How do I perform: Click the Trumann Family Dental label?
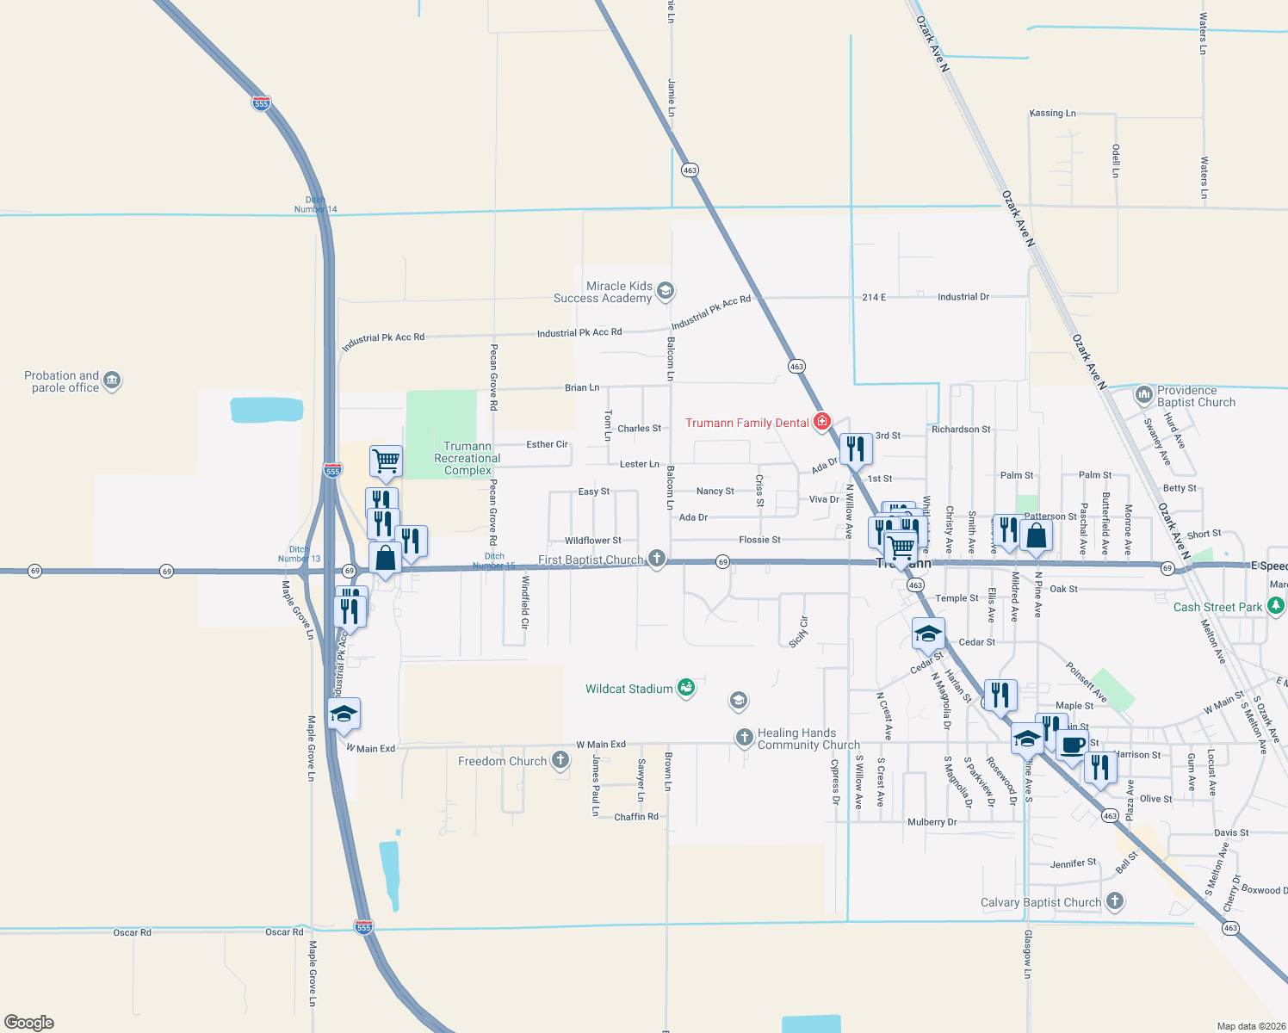[746, 423]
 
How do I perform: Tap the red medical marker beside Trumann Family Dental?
[822, 422]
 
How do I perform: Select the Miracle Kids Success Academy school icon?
[665, 291]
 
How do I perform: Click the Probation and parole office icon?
[112, 380]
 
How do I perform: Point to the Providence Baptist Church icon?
[1143, 395]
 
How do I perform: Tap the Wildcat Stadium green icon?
[686, 687]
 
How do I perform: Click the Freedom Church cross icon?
[560, 760]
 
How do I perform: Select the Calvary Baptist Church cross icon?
[1115, 901]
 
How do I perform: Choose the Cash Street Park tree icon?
[1276, 606]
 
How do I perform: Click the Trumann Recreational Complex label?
[468, 458]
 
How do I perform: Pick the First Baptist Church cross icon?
[657, 559]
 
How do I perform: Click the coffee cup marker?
[1072, 745]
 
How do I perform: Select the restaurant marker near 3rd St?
[855, 449]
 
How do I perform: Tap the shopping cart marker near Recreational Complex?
[386, 461]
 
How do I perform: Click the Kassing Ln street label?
[1052, 113]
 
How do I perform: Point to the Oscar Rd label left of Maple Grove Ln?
[132, 932]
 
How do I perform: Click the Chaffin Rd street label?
[636, 816]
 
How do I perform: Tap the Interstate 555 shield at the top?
[262, 103]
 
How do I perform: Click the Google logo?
[29, 1022]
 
